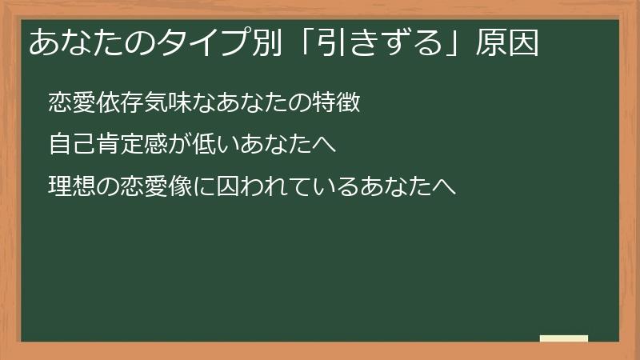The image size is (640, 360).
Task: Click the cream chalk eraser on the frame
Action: [564, 338]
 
